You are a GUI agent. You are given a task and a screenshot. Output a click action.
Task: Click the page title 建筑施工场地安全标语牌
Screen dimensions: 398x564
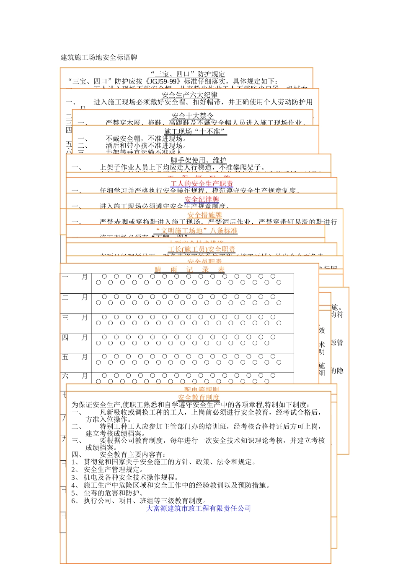(x=99, y=57)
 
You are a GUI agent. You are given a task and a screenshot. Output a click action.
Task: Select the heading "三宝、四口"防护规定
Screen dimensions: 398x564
(x=188, y=74)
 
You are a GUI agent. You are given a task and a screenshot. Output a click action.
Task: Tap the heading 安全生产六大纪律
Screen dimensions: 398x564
(x=190, y=95)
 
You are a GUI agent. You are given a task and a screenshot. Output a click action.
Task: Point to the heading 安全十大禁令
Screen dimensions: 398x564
(x=193, y=116)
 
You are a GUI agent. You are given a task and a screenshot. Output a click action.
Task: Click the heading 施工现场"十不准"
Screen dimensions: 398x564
(x=195, y=131)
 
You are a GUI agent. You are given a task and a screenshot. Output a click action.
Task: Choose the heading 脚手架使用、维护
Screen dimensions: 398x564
(x=199, y=160)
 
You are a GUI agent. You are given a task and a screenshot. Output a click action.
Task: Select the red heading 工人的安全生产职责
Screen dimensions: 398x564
(x=202, y=184)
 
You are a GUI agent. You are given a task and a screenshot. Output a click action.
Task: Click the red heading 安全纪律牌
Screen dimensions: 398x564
(x=202, y=199)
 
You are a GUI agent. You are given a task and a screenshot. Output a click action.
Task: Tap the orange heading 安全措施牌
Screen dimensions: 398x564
(x=204, y=215)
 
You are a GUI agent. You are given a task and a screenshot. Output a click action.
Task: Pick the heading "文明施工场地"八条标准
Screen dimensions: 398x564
(x=196, y=231)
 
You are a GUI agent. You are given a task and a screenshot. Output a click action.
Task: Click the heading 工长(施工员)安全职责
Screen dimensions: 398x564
(x=202, y=249)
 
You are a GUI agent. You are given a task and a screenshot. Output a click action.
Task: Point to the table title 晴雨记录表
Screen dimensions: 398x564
(x=189, y=270)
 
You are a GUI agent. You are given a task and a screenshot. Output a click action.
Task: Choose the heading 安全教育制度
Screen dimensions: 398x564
(x=199, y=397)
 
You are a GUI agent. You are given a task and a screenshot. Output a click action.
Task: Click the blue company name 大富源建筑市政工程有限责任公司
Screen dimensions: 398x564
(x=199, y=509)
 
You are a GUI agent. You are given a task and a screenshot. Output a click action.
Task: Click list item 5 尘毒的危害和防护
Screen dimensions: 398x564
(x=110, y=493)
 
